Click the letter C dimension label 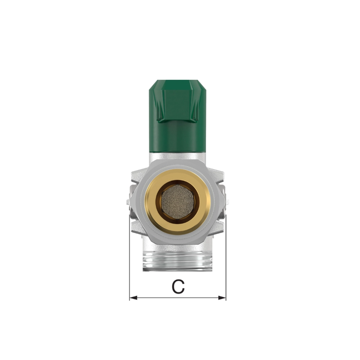click(x=177, y=287)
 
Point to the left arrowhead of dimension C click(x=132, y=298)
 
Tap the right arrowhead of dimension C click(x=223, y=298)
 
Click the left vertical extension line click(x=129, y=255)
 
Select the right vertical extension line click(x=226, y=255)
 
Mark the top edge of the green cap click(x=177, y=81)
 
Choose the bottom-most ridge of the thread click(x=177, y=268)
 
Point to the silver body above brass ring click(x=177, y=164)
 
